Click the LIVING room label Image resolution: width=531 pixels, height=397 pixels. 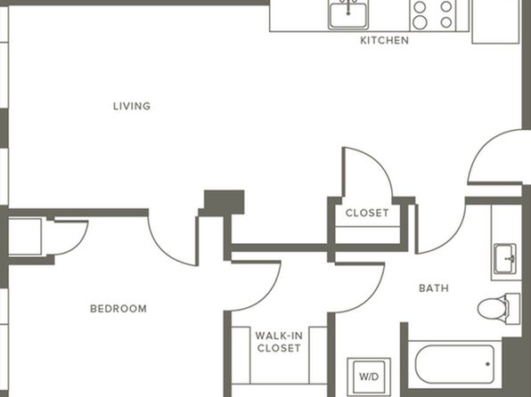point(132,106)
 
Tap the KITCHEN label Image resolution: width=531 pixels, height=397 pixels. point(384,40)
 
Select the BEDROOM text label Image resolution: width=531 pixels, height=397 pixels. point(118,309)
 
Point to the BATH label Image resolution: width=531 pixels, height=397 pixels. point(434,288)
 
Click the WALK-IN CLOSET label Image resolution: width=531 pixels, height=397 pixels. point(279,342)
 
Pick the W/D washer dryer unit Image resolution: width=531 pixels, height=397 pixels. point(369,377)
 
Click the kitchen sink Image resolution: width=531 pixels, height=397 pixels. point(348,15)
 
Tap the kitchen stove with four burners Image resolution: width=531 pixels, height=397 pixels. point(433,15)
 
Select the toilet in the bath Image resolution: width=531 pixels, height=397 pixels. point(499,309)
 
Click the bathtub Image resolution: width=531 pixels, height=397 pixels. point(454,364)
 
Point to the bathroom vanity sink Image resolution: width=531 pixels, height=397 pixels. point(505,258)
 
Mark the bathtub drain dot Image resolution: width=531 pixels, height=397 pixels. point(487,364)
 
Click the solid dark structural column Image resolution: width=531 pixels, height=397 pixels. point(224,202)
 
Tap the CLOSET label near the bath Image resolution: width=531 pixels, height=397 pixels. point(367,213)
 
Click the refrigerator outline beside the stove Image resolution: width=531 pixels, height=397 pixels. point(495,21)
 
